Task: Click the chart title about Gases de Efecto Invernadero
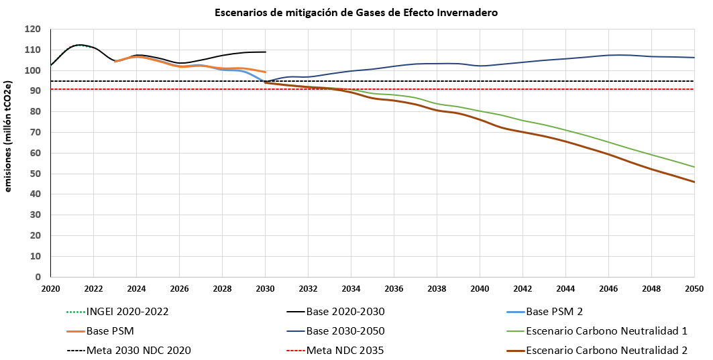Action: pyautogui.click(x=356, y=13)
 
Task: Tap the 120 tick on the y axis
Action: pyautogui.click(x=33, y=29)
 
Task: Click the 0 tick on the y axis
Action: pyautogui.click(x=38, y=277)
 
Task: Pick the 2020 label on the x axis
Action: pyautogui.click(x=50, y=288)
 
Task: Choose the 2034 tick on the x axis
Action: pyautogui.click(x=351, y=288)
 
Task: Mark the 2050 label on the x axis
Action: pyautogui.click(x=694, y=288)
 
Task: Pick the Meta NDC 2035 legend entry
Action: pyautogui.click(x=344, y=350)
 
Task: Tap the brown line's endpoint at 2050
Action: pyautogui.click(x=694, y=182)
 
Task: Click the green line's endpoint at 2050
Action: pyautogui.click(x=694, y=167)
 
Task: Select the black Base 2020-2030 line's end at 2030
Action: pyautogui.click(x=266, y=52)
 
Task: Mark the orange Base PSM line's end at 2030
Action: pyautogui.click(x=266, y=72)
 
